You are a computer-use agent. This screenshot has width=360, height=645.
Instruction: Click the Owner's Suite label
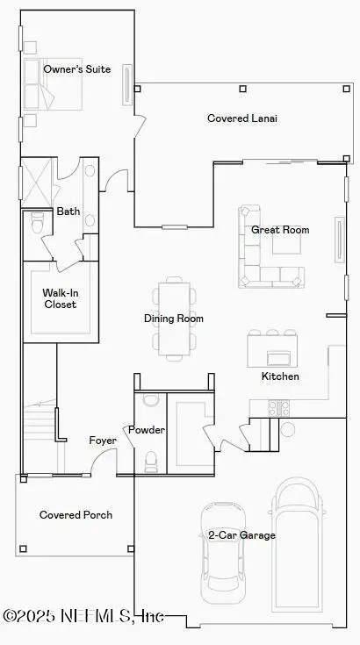77,69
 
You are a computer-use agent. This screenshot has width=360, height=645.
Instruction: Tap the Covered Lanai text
241,118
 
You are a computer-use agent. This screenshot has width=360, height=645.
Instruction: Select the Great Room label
280,230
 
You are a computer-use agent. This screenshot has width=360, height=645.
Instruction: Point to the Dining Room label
174,319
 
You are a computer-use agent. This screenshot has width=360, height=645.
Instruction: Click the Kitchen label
280,376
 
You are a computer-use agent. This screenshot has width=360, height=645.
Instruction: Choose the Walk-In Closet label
60,298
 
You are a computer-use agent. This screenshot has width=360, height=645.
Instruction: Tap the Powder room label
147,430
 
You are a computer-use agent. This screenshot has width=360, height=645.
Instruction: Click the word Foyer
103,440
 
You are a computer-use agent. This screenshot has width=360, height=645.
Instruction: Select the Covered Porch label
76,515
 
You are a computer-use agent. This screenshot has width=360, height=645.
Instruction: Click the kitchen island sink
279,356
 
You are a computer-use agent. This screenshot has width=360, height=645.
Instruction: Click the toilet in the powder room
150,459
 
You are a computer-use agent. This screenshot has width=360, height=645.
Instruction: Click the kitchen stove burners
278,407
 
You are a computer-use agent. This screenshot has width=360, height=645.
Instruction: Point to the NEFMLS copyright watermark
83,617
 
